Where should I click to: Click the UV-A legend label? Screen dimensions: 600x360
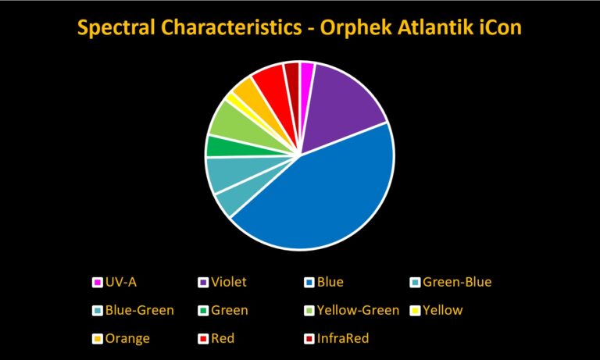(121, 283)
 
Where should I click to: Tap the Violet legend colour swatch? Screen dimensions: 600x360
(203, 283)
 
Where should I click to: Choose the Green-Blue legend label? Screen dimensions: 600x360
(457, 283)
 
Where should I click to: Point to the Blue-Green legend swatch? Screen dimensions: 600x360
(98, 311)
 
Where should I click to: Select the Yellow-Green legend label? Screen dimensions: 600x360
(358, 310)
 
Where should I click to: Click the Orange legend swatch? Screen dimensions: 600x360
(98, 339)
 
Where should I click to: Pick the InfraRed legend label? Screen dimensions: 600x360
(343, 339)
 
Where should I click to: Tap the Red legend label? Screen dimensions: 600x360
(223, 339)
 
